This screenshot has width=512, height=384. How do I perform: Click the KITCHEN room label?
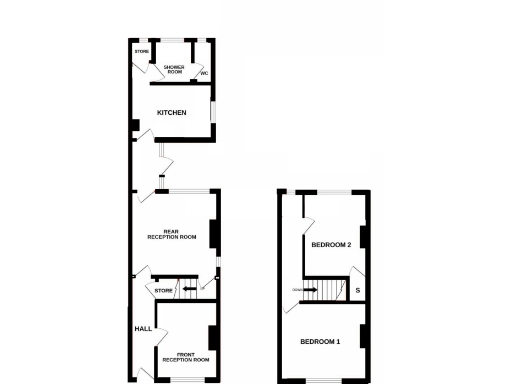coord(171,113)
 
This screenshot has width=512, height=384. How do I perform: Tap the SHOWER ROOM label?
coord(174,68)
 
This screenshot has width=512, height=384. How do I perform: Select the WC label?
coord(203,74)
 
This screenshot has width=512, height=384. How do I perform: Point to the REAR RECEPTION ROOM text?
coord(172,235)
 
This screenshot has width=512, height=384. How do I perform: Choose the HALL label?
coord(143,328)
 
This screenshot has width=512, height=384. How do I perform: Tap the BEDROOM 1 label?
coord(321,341)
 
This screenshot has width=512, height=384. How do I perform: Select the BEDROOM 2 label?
coord(331,244)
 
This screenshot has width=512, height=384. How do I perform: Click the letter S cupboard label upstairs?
coord(358,291)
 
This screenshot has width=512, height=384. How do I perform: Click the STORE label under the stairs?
coord(164,290)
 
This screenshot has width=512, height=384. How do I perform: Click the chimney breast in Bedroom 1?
coord(364,336)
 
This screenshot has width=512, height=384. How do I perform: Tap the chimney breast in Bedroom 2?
coord(364,237)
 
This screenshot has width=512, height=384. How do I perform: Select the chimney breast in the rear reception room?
coord(214,232)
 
